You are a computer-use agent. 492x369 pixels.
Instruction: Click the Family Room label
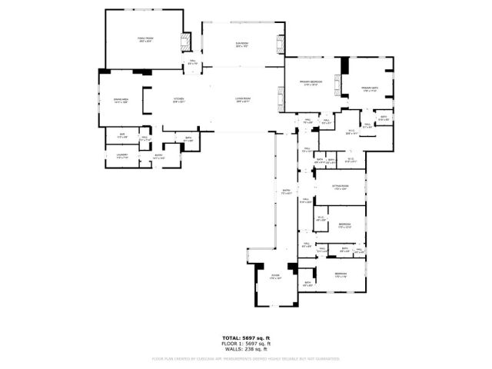coord(145,39)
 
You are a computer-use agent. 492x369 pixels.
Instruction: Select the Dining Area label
coord(119,100)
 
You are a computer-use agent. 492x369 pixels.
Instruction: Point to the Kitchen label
coord(178,100)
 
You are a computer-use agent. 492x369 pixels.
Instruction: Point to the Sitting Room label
coord(341,187)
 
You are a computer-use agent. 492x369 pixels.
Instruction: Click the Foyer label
coord(275,277)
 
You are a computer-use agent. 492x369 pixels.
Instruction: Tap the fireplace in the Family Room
coord(184,42)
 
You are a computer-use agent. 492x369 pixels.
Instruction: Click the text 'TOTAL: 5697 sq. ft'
coord(246,338)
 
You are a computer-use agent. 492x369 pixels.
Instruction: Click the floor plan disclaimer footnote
coord(246,357)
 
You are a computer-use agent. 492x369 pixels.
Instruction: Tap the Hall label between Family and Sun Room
coord(192,63)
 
